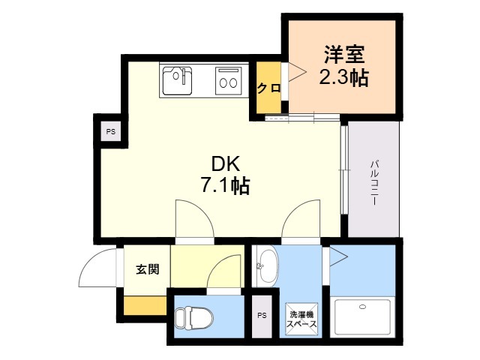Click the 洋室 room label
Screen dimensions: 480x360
pyautogui.click(x=344, y=55)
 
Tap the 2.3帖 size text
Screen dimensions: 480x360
pyautogui.click(x=343, y=77)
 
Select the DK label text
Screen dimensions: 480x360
pyautogui.click(x=225, y=163)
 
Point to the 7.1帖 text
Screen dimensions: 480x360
pyautogui.click(x=225, y=185)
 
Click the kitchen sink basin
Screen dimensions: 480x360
pyautogui.click(x=177, y=81)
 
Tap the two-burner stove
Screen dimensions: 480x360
pyautogui.click(x=228, y=81)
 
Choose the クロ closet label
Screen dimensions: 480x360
pyautogui.click(x=268, y=88)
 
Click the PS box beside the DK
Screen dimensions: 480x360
pyautogui.click(x=111, y=132)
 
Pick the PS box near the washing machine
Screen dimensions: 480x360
pyautogui.click(x=262, y=316)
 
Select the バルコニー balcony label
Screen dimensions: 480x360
pyautogui.click(x=374, y=183)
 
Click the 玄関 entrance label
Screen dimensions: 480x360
pyautogui.click(x=148, y=269)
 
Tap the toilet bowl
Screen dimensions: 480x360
pyautogui.click(x=194, y=318)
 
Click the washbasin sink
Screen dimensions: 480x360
pyautogui.click(x=267, y=266)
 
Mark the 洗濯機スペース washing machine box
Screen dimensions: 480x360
pyautogui.click(x=301, y=319)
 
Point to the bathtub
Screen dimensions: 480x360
pyautogui.click(x=362, y=317)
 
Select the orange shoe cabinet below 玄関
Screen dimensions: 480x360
pyautogui.click(x=145, y=305)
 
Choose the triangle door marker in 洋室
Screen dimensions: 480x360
pyautogui.click(x=297, y=72)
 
